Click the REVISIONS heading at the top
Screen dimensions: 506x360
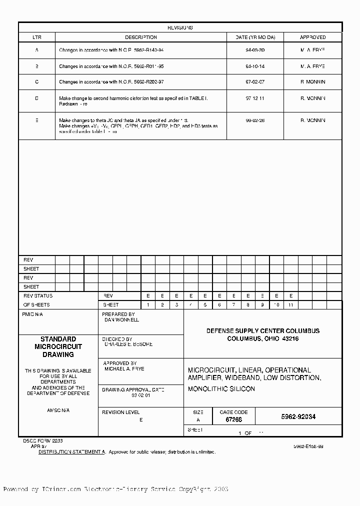click(x=180, y=28)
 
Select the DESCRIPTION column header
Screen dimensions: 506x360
click(x=140, y=37)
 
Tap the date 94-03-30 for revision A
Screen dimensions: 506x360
click(x=255, y=50)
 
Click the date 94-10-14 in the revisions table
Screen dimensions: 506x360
click(x=255, y=66)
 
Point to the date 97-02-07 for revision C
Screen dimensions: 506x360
click(x=255, y=82)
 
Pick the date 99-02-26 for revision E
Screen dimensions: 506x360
click(x=255, y=120)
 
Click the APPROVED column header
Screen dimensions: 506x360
click(x=312, y=37)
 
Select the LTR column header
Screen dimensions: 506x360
click(x=37, y=37)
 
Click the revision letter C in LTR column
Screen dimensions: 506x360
click(x=37, y=82)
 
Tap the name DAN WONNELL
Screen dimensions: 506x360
click(x=121, y=319)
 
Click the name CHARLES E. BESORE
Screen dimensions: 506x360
click(x=128, y=344)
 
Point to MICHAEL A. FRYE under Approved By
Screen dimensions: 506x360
click(x=124, y=368)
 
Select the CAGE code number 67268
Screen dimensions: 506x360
click(x=227, y=420)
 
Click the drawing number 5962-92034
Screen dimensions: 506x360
click(x=298, y=416)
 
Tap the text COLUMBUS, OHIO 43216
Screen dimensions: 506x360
click(x=262, y=339)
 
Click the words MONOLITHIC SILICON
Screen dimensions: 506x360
click(x=221, y=389)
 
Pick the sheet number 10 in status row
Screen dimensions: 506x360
click(x=276, y=304)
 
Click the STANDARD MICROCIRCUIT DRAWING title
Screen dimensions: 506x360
click(x=58, y=346)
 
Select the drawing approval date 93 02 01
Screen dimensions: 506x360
click(x=140, y=395)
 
